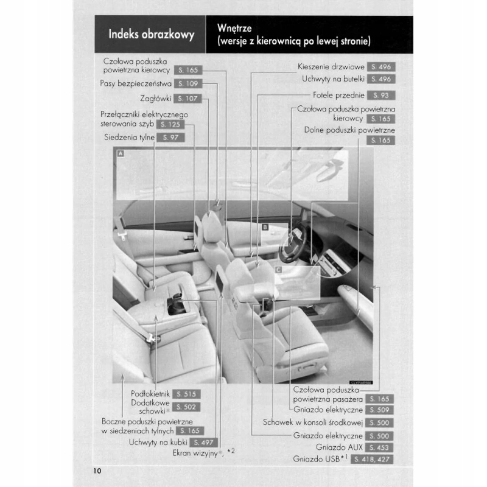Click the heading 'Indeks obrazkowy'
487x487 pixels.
click(x=151, y=35)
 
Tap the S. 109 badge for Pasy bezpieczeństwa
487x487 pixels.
click(x=186, y=83)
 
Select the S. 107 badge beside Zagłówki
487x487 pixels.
click(x=186, y=99)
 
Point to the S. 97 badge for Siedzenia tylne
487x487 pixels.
click(x=170, y=138)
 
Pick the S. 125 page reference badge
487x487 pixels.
click(x=170, y=124)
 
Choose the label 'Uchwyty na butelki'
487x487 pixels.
click(x=333, y=79)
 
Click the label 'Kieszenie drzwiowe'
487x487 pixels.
click(x=331, y=66)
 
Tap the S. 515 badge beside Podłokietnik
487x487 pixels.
click(x=186, y=394)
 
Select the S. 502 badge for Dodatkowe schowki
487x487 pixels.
click(x=186, y=407)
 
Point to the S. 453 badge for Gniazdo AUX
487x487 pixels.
click(x=381, y=447)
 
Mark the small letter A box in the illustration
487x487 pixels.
click(x=121, y=154)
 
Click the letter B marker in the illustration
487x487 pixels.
click(x=265, y=226)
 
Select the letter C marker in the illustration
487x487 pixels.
click(x=278, y=268)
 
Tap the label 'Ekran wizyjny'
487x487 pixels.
click(x=194, y=454)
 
